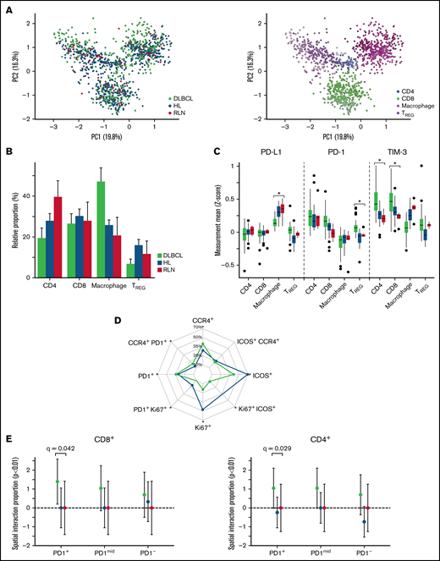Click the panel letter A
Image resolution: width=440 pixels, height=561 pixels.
tap(7, 8)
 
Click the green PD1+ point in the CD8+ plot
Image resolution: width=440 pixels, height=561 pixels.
tap(57, 481)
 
